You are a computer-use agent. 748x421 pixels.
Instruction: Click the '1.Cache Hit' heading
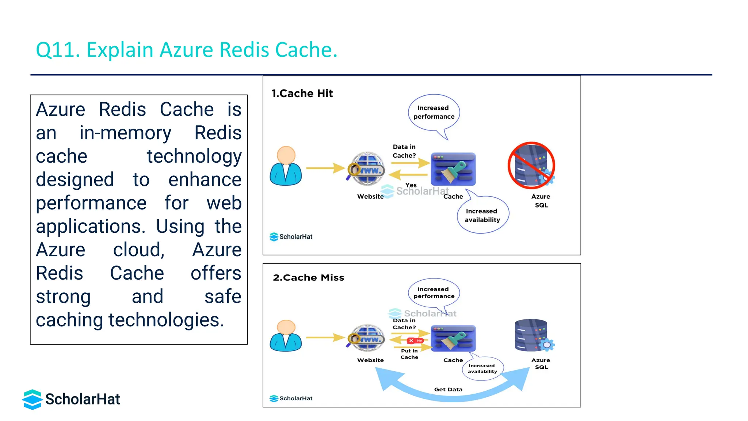[302, 94]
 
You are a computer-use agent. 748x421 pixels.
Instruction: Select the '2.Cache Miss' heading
[308, 278]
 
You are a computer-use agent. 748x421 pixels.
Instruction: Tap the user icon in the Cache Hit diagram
[286, 166]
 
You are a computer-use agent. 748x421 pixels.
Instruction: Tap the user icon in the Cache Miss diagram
[286, 336]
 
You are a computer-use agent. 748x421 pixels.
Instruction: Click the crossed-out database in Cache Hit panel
[531, 166]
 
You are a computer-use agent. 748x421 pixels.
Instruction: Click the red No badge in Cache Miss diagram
[415, 341]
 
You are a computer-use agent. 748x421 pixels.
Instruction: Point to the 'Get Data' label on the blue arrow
[448, 390]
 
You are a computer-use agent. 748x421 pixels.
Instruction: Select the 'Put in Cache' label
[409, 354]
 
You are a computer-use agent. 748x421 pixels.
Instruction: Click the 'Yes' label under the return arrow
[411, 185]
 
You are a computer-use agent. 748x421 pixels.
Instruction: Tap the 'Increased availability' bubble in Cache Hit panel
[482, 216]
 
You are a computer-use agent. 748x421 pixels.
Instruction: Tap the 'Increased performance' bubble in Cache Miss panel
[434, 293]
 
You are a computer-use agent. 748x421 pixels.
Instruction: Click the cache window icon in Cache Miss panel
[453, 338]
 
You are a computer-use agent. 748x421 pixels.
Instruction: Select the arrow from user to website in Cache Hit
[325, 168]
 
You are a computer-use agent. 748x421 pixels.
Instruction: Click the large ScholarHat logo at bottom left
[71, 399]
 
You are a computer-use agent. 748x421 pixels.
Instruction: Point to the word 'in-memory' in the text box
[125, 133]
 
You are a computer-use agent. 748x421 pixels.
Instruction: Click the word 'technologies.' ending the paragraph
[166, 320]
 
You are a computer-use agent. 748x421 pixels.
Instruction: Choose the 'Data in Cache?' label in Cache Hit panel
[404, 151]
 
